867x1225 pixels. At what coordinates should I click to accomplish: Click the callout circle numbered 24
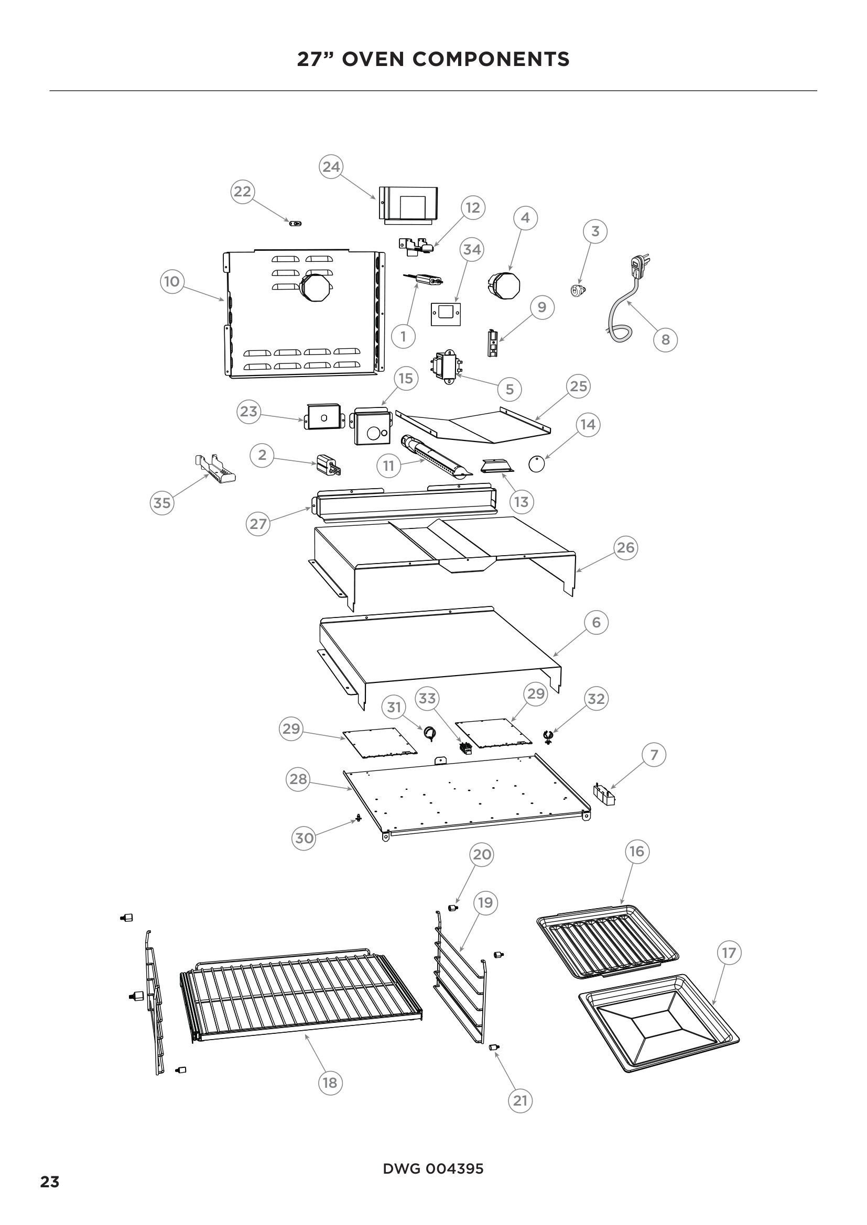pos(331,167)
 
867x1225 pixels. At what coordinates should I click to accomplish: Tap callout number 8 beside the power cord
pos(665,340)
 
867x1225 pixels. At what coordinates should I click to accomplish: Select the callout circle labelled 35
pos(162,503)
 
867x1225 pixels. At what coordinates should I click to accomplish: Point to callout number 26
pos(625,548)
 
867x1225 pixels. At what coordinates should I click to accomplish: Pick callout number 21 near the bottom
pos(520,1100)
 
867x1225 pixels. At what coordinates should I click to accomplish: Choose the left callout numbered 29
pos(291,729)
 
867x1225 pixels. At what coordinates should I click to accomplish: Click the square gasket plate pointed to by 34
pos(446,314)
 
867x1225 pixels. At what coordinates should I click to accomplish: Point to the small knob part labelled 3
pos(576,290)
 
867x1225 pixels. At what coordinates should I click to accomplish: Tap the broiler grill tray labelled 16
pos(608,942)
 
